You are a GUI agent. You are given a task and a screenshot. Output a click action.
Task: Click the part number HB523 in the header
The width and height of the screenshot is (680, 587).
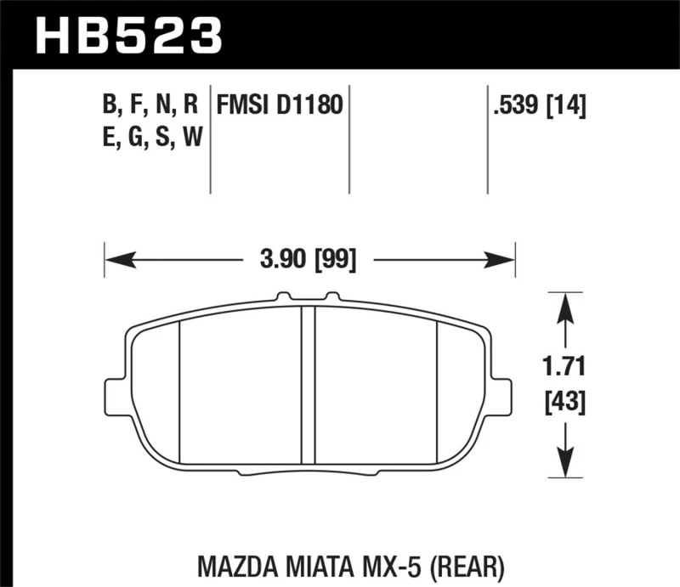click(x=127, y=35)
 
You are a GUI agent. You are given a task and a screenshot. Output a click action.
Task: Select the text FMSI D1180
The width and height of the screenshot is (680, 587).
click(x=280, y=106)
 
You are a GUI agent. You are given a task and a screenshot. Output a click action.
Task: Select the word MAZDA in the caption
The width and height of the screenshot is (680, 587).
click(x=229, y=564)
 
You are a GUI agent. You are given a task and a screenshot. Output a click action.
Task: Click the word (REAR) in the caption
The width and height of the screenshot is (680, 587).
click(x=471, y=564)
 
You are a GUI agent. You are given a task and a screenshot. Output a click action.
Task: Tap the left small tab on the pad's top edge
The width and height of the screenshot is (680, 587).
click(x=282, y=296)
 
